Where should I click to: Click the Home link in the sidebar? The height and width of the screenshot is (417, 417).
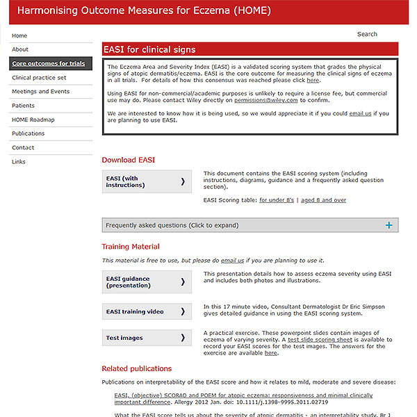19,35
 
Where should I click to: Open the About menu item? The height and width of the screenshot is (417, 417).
20,49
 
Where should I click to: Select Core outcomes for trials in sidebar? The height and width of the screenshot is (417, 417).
49,63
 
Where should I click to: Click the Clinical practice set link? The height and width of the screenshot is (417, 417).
39,78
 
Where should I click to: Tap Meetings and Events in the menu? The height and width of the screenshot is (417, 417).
40,92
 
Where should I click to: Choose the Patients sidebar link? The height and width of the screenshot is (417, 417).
23,106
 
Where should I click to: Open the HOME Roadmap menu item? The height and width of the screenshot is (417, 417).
33,120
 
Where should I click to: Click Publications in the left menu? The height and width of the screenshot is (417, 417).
28,133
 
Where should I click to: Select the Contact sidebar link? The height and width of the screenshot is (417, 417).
23,147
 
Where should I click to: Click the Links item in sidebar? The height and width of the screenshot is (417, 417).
19,161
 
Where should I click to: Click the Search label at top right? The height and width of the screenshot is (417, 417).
367,34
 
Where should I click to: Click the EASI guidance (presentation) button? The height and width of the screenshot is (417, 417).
147,282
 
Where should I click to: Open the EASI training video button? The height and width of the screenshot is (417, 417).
147,311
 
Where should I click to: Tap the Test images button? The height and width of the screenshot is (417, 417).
147,338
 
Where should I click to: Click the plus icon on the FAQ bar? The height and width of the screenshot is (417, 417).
389,225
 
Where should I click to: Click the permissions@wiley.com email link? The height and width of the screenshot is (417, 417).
266,100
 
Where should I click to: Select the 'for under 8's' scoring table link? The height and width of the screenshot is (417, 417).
277,200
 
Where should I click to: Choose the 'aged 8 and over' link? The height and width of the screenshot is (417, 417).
323,200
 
